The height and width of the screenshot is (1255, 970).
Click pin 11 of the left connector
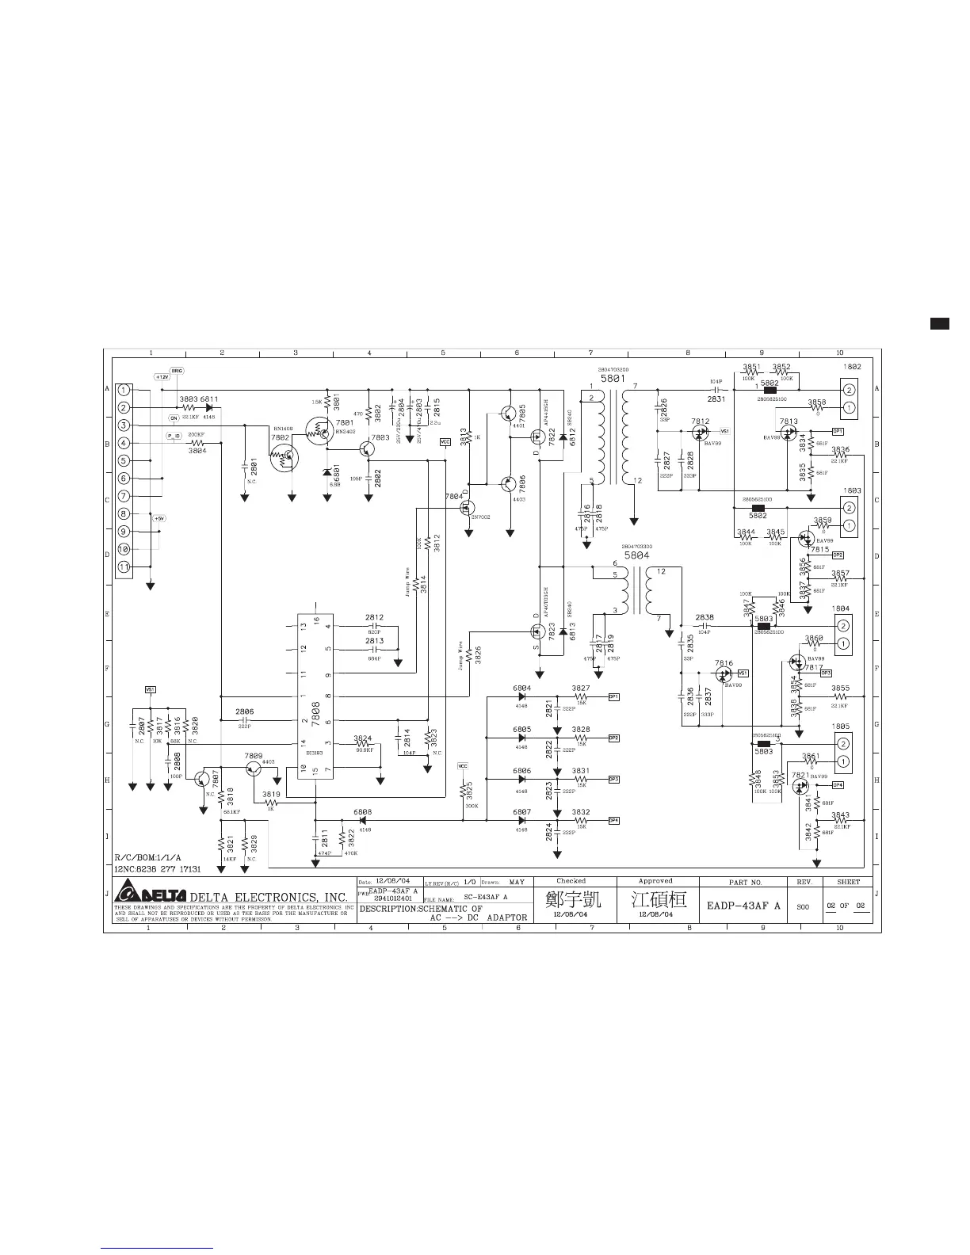[x=125, y=566]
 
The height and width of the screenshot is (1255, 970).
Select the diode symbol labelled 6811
[x=208, y=407]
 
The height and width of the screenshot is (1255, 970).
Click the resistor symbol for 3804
[x=197, y=443]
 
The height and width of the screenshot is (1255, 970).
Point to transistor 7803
[x=367, y=448]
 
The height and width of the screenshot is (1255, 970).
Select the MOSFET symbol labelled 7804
[x=468, y=509]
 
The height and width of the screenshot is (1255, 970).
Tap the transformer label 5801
[x=613, y=379]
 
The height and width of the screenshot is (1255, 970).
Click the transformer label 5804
[x=636, y=555]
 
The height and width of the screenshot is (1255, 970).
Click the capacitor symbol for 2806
[x=245, y=720]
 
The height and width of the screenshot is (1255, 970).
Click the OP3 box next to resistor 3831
[x=613, y=779]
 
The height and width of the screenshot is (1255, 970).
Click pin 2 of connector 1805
[x=844, y=743]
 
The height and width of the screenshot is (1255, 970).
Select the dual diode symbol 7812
[x=701, y=432]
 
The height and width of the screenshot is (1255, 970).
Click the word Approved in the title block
[x=655, y=881]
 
